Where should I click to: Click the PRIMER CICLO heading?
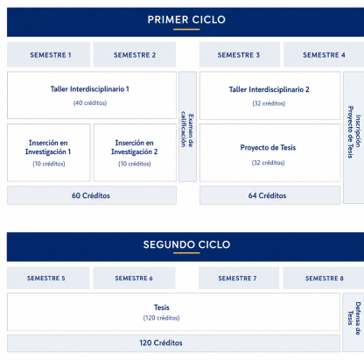click(x=186, y=19)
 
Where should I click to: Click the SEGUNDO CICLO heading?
click(x=186, y=244)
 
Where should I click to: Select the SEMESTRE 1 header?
click(x=51, y=55)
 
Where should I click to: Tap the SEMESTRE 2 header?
click(x=135, y=55)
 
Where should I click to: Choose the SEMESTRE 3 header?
click(x=239, y=55)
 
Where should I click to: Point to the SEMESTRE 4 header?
click(x=324, y=55)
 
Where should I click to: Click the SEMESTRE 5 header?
click(x=46, y=279)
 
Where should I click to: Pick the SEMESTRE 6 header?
click(x=134, y=279)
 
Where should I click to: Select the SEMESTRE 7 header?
click(x=237, y=279)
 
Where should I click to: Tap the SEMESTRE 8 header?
click(x=325, y=279)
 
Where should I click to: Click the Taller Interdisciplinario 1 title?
click(x=90, y=89)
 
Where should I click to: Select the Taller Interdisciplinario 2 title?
click(x=269, y=89)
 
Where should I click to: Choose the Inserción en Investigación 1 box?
click(x=49, y=152)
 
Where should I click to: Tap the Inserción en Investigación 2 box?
click(x=135, y=152)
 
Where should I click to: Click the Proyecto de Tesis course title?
click(x=268, y=148)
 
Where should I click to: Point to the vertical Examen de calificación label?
click(x=187, y=129)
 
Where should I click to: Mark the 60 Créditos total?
click(x=91, y=195)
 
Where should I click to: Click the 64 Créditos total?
click(x=267, y=195)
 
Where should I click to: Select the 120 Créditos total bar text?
click(x=161, y=342)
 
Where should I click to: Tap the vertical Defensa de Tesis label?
click(x=354, y=318)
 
